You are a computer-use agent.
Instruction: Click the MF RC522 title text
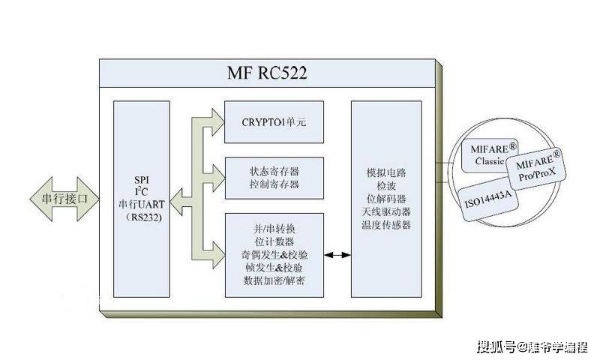[x=268, y=73]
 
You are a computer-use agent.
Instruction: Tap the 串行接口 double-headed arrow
[x=64, y=199]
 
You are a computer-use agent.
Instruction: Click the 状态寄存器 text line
[x=274, y=170]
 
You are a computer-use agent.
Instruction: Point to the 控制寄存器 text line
[x=274, y=184]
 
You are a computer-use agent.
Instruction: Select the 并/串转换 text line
[x=274, y=228]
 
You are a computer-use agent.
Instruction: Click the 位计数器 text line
[x=274, y=241]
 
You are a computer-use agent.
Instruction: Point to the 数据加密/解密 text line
[x=274, y=280]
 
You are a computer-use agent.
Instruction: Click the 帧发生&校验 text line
[x=274, y=267]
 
